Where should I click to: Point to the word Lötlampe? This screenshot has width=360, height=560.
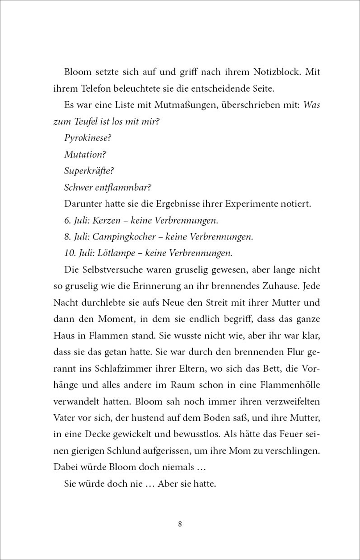coord(115,253)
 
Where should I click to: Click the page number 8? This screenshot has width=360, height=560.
coord(180,524)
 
